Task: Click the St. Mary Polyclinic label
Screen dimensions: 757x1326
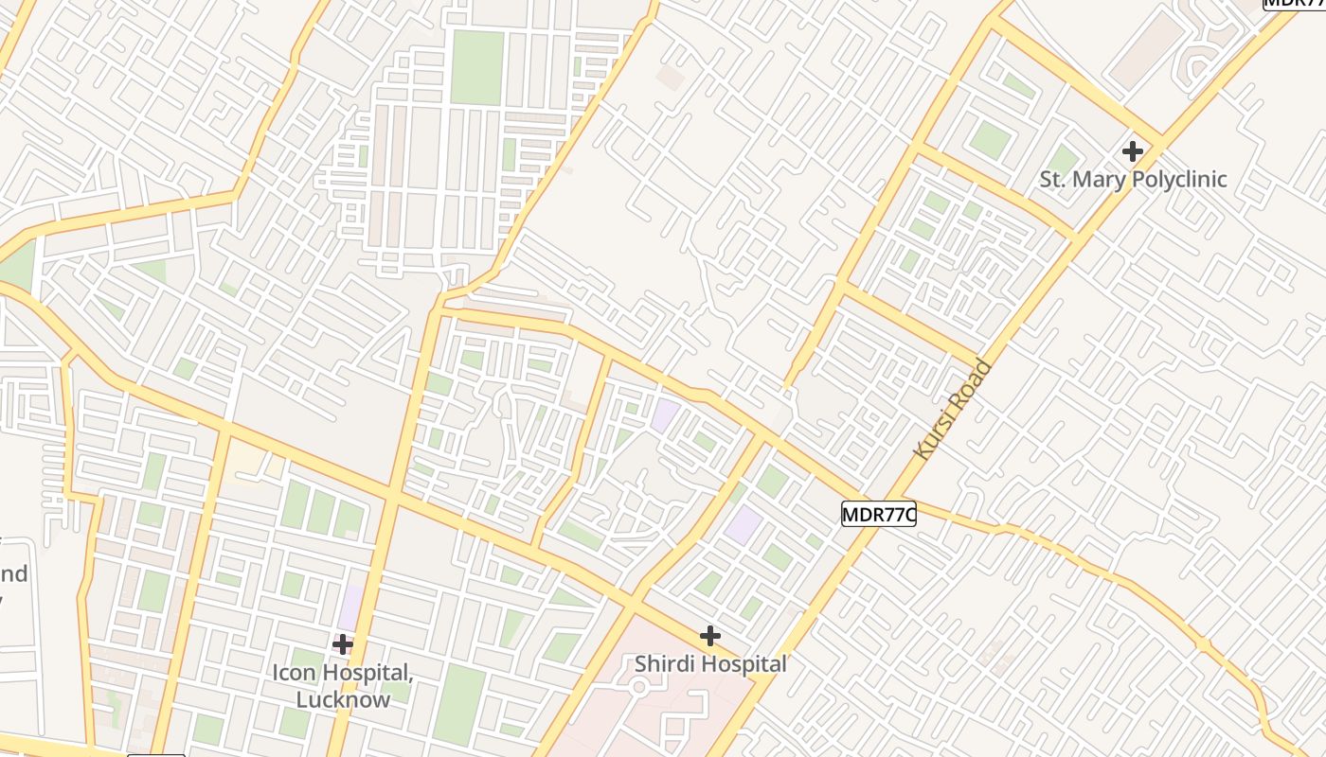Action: (x=1133, y=179)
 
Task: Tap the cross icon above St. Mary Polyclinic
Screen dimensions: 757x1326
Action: (x=1132, y=150)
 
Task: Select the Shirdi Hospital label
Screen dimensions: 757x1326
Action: (x=710, y=664)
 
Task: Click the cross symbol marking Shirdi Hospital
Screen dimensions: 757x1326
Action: (x=709, y=636)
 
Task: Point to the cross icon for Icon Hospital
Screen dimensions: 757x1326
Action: (x=343, y=644)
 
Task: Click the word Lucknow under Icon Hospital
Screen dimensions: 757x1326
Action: (x=343, y=700)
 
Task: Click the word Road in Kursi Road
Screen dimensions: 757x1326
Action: (x=976, y=380)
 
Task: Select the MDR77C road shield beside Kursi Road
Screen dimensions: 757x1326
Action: (x=878, y=514)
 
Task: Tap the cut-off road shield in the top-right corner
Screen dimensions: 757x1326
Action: (x=1294, y=3)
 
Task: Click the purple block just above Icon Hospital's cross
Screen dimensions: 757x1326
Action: (x=350, y=607)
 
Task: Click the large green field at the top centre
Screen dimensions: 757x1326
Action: (x=476, y=66)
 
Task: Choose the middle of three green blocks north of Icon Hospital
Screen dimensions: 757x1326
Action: (x=321, y=511)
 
